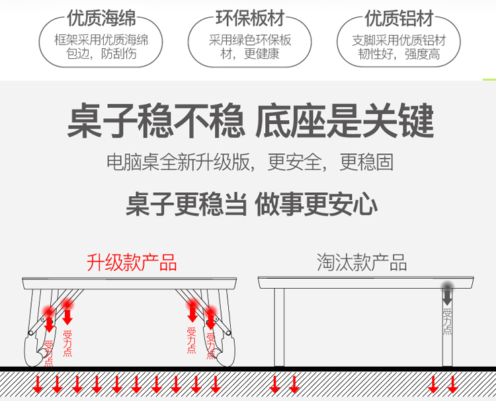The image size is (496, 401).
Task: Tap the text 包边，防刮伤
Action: pyautogui.click(x=101, y=54)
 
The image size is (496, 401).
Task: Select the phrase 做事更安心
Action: pyautogui.click(x=317, y=204)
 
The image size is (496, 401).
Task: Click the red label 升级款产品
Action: pyautogui.click(x=132, y=262)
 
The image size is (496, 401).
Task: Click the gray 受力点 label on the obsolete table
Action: pyautogui.click(x=447, y=320)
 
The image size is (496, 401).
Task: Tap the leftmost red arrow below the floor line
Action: pyautogui.click(x=38, y=384)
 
